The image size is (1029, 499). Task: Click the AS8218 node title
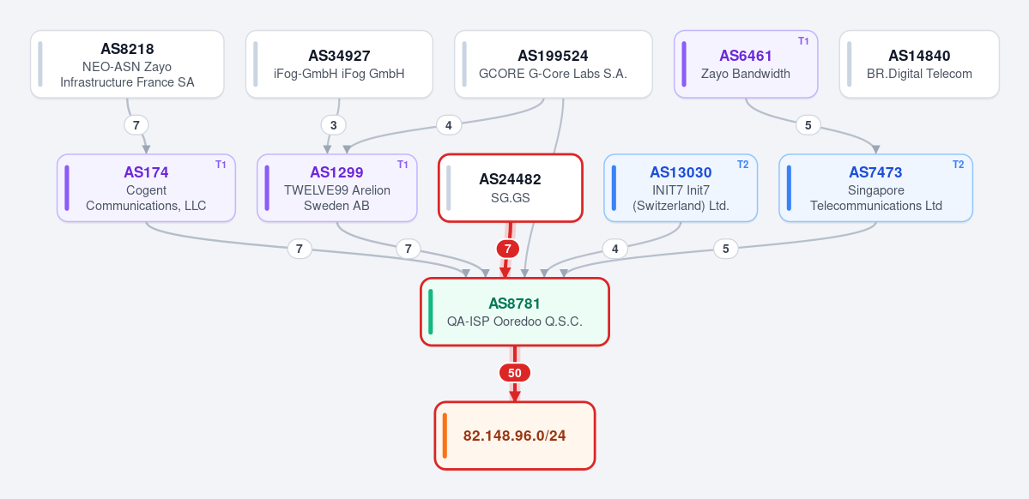coord(127,49)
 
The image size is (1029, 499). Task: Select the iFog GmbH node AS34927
coord(339,64)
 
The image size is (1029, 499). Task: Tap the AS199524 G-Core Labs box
coord(554,64)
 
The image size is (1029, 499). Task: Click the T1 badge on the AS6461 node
coord(803,41)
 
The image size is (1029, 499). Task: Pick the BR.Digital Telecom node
coord(919,64)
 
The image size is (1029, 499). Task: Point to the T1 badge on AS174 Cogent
coord(221,165)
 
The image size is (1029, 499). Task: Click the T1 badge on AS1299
coord(403,165)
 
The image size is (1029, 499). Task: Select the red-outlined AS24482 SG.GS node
coord(511,188)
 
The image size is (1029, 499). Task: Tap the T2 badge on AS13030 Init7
coord(742,165)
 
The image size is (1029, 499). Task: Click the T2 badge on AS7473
coord(958,165)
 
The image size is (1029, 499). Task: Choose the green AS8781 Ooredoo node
coord(515,312)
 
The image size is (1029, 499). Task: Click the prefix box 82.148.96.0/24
coord(515,436)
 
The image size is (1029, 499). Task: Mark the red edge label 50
coord(515,373)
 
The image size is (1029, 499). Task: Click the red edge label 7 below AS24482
coord(508,249)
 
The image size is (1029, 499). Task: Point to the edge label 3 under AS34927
coord(333,124)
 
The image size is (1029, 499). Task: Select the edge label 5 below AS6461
coord(808,124)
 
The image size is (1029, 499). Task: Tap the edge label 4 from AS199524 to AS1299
coord(448,124)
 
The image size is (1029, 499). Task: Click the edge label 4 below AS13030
coord(614,249)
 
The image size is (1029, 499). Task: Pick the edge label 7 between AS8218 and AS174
coord(136,124)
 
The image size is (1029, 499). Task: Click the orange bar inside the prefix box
coord(445,436)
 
